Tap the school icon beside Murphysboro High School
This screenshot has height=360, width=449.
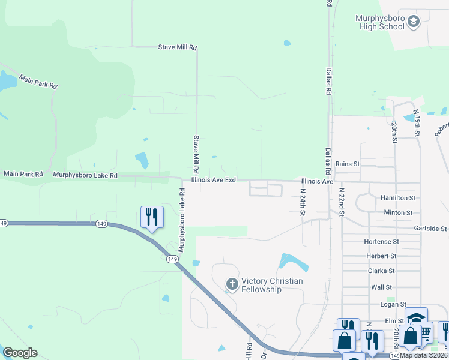[413, 22]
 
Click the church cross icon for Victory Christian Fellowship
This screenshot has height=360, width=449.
[232, 283]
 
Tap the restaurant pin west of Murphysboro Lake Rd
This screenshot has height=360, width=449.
[151, 217]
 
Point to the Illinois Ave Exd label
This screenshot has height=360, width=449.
[213, 180]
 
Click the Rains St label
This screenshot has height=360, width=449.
[347, 163]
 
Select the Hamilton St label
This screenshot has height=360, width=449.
[398, 197]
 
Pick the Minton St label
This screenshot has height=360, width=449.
[398, 212]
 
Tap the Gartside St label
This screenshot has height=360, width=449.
[430, 229]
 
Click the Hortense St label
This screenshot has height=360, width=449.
[381, 241]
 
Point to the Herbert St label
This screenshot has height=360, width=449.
[381, 256]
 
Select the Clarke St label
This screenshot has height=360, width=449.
[381, 271]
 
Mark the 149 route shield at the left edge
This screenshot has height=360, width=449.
[4, 223]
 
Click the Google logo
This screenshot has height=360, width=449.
[20, 353]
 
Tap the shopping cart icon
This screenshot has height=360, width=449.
[425, 331]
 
